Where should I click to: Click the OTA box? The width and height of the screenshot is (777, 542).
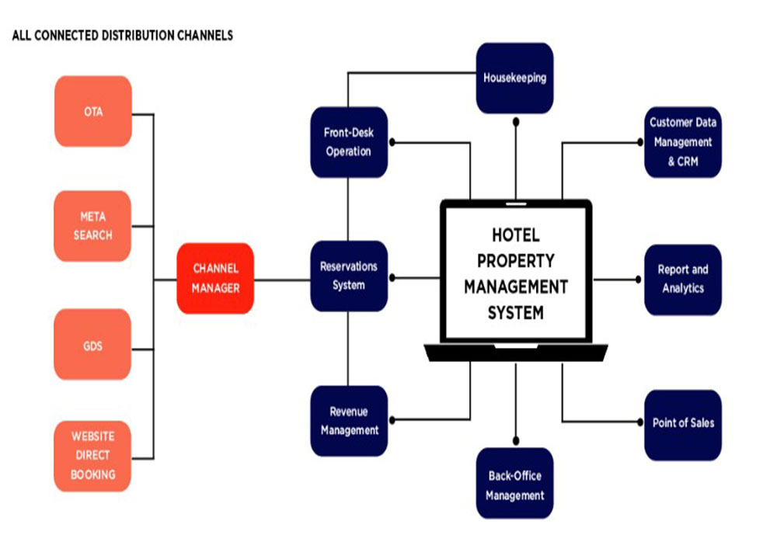point(93,111)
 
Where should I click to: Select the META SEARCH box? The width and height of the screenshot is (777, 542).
point(93,226)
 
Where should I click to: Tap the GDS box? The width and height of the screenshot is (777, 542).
point(93,345)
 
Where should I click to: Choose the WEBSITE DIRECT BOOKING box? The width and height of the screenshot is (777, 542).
point(93,455)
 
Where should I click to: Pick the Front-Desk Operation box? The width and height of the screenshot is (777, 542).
point(348,142)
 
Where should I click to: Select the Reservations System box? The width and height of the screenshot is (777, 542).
point(348,276)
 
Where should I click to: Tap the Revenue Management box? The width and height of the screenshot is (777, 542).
point(348,420)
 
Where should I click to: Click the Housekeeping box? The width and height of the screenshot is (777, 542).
point(514,78)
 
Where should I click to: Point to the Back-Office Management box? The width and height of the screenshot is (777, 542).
point(514,485)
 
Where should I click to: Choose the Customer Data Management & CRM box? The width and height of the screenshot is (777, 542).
point(682,143)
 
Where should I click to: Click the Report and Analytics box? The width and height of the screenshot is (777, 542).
point(682,279)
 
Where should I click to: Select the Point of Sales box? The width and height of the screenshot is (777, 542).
point(682,423)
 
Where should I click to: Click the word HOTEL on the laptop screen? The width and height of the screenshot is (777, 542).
point(515,235)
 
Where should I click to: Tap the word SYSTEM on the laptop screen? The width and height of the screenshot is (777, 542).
point(515,314)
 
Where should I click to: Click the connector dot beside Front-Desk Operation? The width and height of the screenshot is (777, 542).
point(393,142)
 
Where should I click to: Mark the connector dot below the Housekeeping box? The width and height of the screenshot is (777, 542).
point(515,120)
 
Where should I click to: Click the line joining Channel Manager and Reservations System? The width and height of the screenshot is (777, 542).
point(282,279)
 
